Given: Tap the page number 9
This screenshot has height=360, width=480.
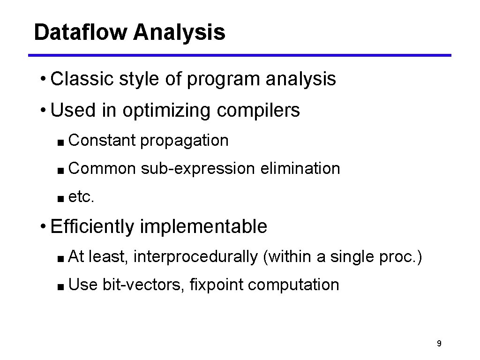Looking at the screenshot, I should [438, 344].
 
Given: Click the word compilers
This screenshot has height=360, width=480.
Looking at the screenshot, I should [258, 111].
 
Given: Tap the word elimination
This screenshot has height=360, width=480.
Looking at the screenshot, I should [300, 168].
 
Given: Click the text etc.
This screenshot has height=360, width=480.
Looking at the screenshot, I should [82, 197].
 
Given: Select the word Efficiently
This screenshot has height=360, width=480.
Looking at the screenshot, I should [92, 227].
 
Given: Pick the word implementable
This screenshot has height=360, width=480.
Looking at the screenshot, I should [203, 227].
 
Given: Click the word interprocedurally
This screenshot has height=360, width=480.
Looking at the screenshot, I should [195, 257].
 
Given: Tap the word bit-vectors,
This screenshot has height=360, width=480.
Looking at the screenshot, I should [143, 285].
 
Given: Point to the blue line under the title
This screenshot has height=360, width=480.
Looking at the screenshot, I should [240, 55].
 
